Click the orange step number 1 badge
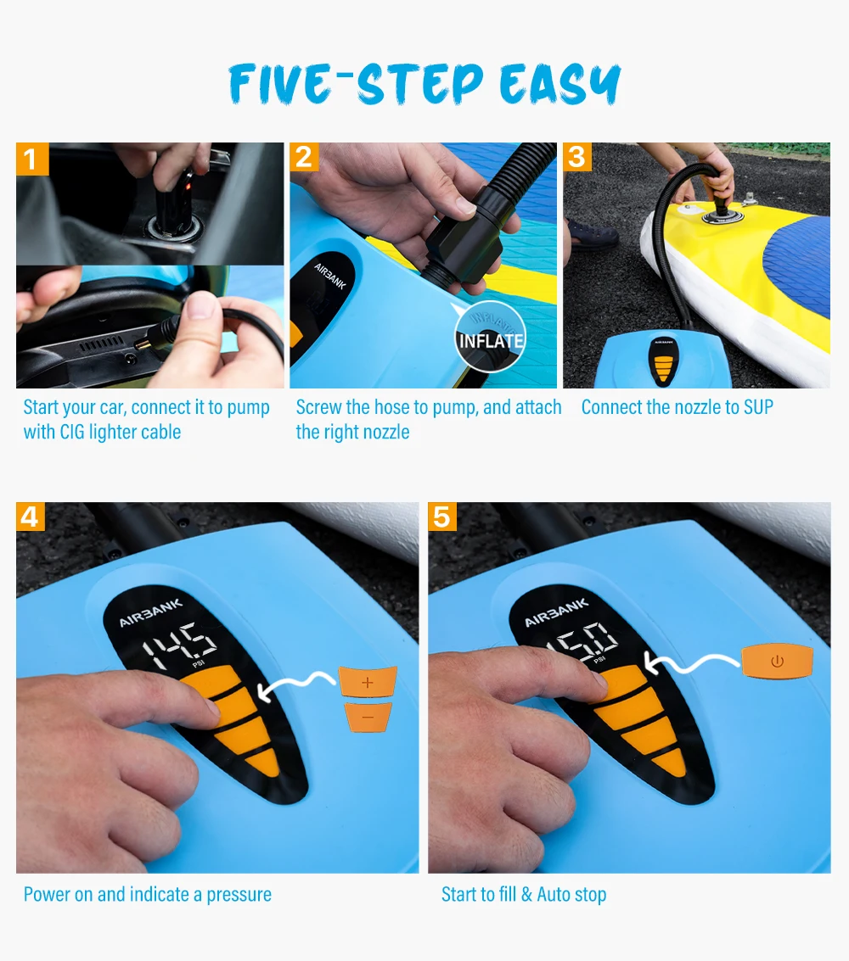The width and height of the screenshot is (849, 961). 32,159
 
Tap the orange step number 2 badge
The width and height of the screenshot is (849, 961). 304,158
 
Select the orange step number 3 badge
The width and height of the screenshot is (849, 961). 577,158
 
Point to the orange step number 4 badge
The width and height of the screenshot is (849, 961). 31,517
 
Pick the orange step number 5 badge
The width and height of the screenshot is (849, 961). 442,517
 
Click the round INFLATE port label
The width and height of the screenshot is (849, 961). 490,337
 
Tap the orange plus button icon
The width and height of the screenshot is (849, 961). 368,682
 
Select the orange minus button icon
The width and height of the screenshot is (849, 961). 368,717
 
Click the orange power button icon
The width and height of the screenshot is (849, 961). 777,662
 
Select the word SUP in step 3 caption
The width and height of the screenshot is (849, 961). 758,407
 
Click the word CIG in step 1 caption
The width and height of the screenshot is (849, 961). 72,432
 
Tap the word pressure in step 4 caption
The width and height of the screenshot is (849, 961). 239,896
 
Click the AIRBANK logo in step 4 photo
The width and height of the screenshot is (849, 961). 151,613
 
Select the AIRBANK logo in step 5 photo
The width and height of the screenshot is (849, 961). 556,613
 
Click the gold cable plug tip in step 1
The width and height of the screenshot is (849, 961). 143,345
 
